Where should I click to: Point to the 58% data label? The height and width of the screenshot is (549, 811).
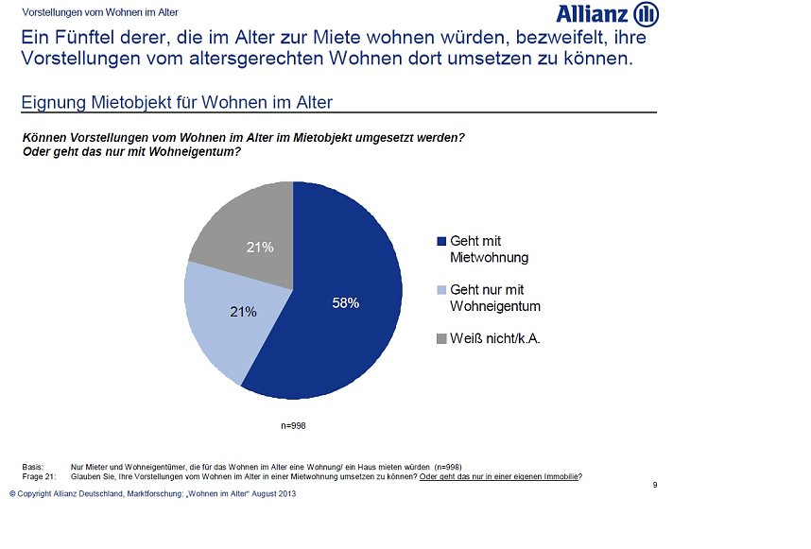click(x=345, y=303)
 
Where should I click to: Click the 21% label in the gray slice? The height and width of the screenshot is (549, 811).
click(x=260, y=248)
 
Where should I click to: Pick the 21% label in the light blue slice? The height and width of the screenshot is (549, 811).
click(x=244, y=311)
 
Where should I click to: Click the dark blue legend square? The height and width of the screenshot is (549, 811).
click(x=441, y=241)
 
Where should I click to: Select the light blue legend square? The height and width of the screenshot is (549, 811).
click(x=441, y=290)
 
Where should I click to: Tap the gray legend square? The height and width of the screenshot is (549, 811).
click(x=441, y=338)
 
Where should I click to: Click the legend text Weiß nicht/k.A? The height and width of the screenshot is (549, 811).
click(x=495, y=338)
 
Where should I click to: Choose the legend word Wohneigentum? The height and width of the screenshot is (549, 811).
click(x=495, y=306)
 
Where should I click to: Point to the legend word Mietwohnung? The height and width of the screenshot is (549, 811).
click(x=490, y=257)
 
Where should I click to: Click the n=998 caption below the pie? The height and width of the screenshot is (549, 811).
click(x=294, y=426)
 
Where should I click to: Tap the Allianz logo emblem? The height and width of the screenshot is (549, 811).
click(x=646, y=14)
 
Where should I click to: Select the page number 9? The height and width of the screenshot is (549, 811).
click(x=654, y=485)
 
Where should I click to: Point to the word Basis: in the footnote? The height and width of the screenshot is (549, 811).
click(x=34, y=467)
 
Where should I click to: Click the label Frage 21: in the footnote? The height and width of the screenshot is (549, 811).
click(x=39, y=476)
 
